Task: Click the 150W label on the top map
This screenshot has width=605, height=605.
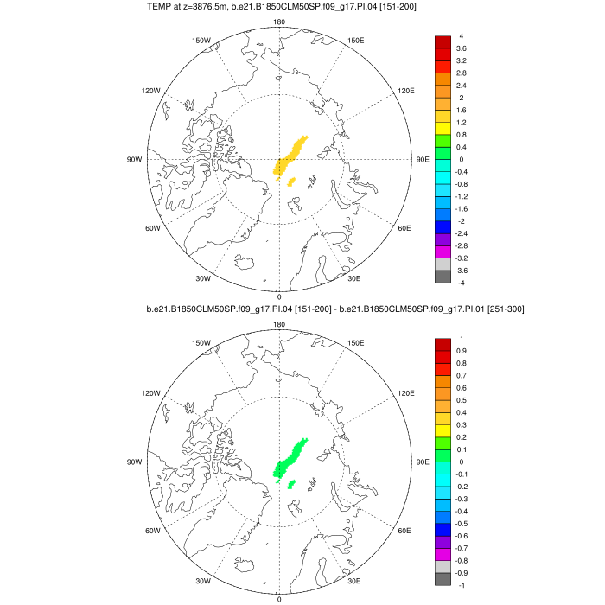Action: click(201, 41)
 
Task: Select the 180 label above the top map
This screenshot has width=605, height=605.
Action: click(279, 22)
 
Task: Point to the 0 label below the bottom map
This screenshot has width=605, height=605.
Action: click(279, 599)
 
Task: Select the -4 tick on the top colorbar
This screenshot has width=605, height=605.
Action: click(462, 283)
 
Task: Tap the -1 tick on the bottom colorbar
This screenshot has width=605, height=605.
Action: click(462, 585)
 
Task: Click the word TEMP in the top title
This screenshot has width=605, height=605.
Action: click(162, 7)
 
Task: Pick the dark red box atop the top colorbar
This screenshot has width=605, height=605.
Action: click(442, 42)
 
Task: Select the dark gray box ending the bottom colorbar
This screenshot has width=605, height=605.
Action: click(442, 579)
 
